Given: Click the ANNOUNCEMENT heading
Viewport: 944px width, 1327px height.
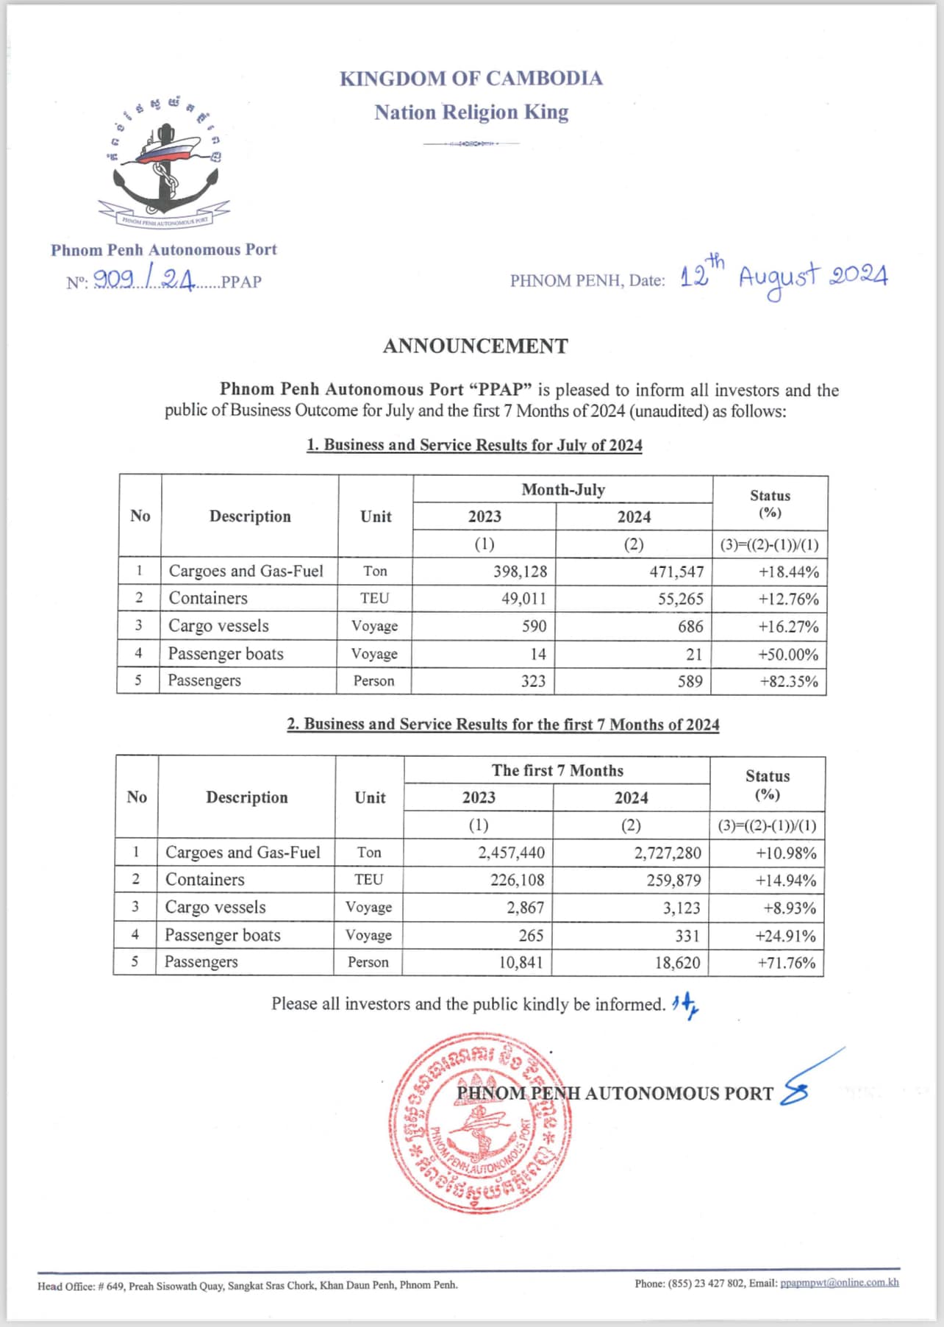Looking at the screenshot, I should pyautogui.click(x=475, y=346).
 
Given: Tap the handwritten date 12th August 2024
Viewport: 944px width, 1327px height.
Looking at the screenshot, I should pyautogui.click(x=783, y=277).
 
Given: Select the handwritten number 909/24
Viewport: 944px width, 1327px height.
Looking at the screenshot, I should pyautogui.click(x=144, y=280).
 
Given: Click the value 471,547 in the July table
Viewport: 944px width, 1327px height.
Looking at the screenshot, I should pyautogui.click(x=676, y=572).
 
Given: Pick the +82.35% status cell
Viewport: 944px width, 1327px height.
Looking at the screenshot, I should pyautogui.click(x=788, y=681).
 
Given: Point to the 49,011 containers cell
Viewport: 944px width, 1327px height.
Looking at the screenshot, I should pyautogui.click(x=523, y=599).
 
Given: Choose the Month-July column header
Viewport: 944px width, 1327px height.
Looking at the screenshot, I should pyautogui.click(x=562, y=490).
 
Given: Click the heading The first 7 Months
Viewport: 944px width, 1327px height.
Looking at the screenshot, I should pyautogui.click(x=557, y=770).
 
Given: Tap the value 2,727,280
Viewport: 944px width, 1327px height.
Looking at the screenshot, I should pyautogui.click(x=668, y=853).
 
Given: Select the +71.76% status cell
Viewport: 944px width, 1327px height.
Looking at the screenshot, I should pyautogui.click(x=786, y=963).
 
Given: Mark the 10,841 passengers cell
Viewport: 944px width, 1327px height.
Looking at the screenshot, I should pyautogui.click(x=521, y=962).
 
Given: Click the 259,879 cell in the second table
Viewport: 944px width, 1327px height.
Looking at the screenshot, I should pyautogui.click(x=673, y=880).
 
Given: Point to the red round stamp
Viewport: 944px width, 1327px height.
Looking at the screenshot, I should pyautogui.click(x=480, y=1123).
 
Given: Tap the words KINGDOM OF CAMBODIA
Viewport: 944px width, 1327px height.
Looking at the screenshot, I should pyautogui.click(x=471, y=79).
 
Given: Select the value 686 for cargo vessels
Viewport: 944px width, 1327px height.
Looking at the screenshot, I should pyautogui.click(x=690, y=627).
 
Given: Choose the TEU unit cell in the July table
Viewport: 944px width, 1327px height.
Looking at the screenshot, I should pyautogui.click(x=374, y=598).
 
